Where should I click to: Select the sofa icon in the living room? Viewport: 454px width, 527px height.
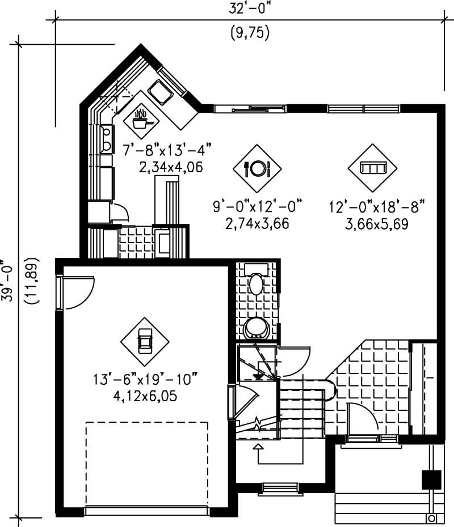(x=373, y=168)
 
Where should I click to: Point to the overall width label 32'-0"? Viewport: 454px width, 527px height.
(x=249, y=9)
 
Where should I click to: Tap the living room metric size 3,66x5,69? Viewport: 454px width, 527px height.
(x=377, y=224)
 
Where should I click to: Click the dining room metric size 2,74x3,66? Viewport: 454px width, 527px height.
(x=257, y=224)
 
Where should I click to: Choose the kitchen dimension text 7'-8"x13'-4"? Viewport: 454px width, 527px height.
(x=167, y=151)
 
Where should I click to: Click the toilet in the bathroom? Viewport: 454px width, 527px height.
(x=257, y=283)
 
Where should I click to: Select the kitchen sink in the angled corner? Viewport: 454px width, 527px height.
(x=160, y=90)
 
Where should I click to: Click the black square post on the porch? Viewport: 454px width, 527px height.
(x=431, y=479)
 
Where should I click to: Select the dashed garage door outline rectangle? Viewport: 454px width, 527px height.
(x=147, y=464)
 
